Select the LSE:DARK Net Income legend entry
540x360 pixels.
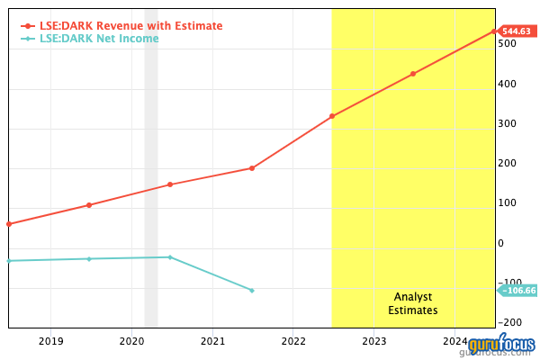click(x=99, y=39)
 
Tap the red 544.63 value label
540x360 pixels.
click(x=517, y=31)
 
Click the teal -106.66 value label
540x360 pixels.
click(x=518, y=290)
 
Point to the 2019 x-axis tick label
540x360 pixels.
click(x=50, y=341)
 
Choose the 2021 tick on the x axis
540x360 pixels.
click(x=212, y=341)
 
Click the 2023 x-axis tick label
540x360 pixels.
click(x=374, y=341)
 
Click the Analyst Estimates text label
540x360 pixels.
click(x=413, y=303)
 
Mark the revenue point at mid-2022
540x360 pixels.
click(x=332, y=116)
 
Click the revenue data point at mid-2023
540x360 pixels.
click(x=413, y=74)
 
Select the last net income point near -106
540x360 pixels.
click(x=251, y=290)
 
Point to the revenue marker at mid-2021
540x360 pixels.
click(x=251, y=168)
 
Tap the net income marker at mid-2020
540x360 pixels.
click(x=170, y=257)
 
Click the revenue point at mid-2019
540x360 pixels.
click(x=89, y=205)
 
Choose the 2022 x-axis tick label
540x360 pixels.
click(x=293, y=341)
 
